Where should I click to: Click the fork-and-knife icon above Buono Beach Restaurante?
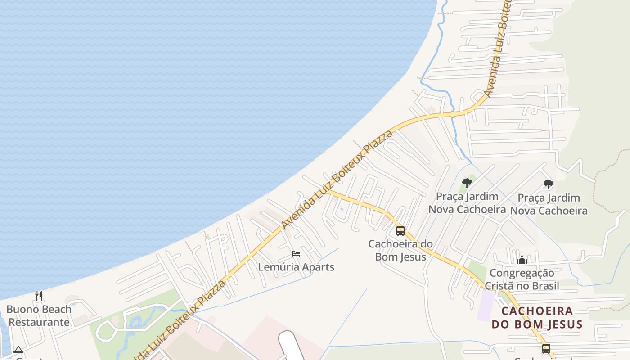[39, 296]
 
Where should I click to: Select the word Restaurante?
[39, 322]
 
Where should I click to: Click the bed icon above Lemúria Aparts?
[296, 254]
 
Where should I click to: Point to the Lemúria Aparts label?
[296, 267]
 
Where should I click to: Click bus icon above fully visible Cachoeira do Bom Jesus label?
[400, 231]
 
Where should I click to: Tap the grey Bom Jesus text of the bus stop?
[400, 257]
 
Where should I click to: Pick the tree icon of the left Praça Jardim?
[467, 183]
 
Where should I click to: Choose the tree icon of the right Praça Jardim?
[548, 184]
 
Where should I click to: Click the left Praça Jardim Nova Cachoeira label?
[467, 203]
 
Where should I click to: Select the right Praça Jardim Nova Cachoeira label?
[549, 204]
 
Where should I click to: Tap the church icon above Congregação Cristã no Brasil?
[522, 260]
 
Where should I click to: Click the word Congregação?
[522, 273]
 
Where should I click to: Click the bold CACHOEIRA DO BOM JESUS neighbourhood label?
[537, 317]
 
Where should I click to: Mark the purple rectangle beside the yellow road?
[485, 306]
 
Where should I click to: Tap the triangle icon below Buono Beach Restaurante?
[18, 349]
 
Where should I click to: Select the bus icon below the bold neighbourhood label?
[546, 348]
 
